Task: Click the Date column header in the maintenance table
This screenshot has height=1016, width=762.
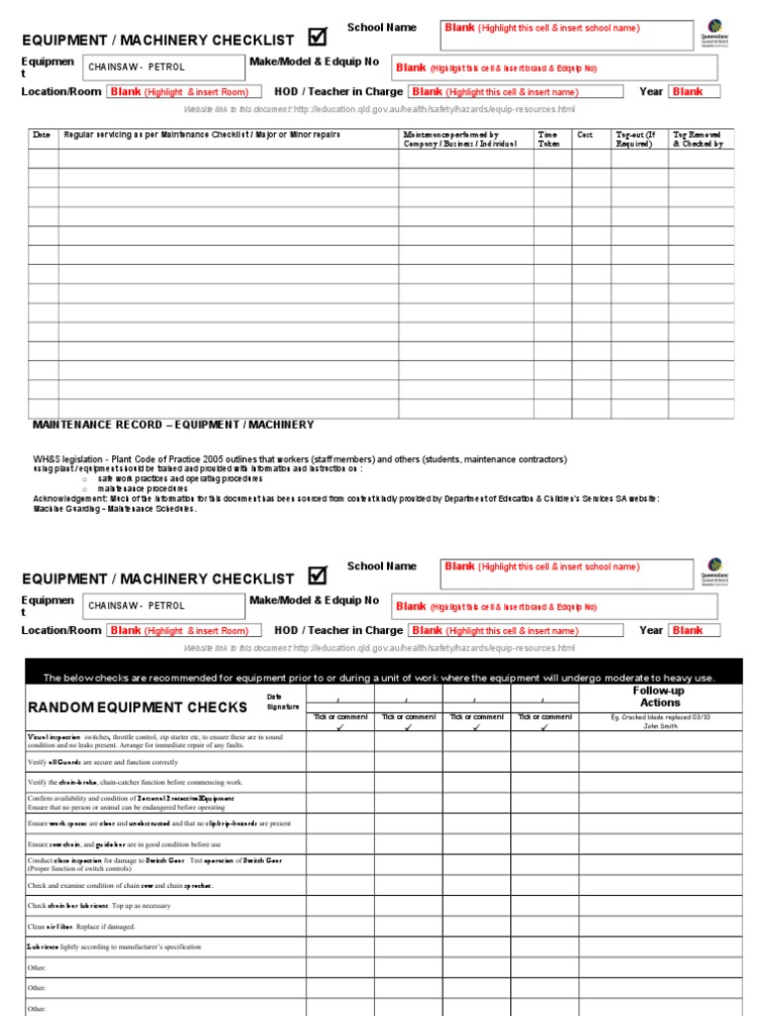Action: [42, 134]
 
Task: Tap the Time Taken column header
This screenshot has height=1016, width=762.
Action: [548, 139]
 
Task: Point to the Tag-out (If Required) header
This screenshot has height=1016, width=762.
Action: [636, 139]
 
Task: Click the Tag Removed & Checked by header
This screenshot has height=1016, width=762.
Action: [698, 139]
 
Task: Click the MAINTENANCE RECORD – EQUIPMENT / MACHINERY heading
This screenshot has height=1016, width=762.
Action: [173, 425]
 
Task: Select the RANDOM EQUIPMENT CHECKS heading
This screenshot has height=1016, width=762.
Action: [137, 707]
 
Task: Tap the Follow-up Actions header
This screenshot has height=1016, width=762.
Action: [660, 696]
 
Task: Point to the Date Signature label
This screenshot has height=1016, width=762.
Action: [282, 701]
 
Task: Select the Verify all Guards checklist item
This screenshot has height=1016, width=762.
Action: [103, 762]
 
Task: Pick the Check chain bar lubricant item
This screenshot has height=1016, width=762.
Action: [99, 906]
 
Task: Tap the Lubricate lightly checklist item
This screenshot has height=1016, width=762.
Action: [113, 947]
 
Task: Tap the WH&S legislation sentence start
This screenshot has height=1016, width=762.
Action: [79, 459]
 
